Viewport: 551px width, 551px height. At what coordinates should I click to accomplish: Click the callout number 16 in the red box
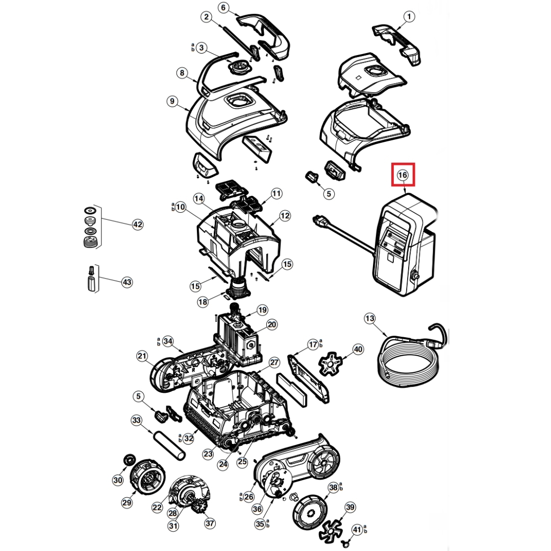pyautogui.click(x=403, y=174)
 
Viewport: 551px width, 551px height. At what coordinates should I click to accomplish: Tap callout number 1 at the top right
pyautogui.click(x=409, y=16)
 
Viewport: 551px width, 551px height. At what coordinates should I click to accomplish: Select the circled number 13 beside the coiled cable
pyautogui.click(x=370, y=319)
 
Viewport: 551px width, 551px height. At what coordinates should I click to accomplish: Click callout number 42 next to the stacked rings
pyautogui.click(x=137, y=224)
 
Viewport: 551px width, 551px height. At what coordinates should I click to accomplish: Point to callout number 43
pyautogui.click(x=127, y=282)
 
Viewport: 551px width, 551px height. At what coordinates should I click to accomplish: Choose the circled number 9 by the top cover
pyautogui.click(x=172, y=102)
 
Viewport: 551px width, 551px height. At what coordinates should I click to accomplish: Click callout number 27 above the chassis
pyautogui.click(x=274, y=363)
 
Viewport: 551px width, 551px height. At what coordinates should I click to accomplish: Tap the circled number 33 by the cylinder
pyautogui.click(x=136, y=420)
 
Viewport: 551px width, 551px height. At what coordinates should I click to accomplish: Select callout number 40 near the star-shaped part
pyautogui.click(x=358, y=349)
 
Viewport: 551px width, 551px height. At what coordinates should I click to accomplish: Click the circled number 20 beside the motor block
pyautogui.click(x=272, y=324)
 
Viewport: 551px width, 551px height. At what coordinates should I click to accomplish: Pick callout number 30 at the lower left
pyautogui.click(x=118, y=480)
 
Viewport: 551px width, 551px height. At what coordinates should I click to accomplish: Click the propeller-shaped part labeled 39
pyautogui.click(x=331, y=528)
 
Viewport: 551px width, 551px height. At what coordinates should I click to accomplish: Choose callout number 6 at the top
pyautogui.click(x=223, y=8)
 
